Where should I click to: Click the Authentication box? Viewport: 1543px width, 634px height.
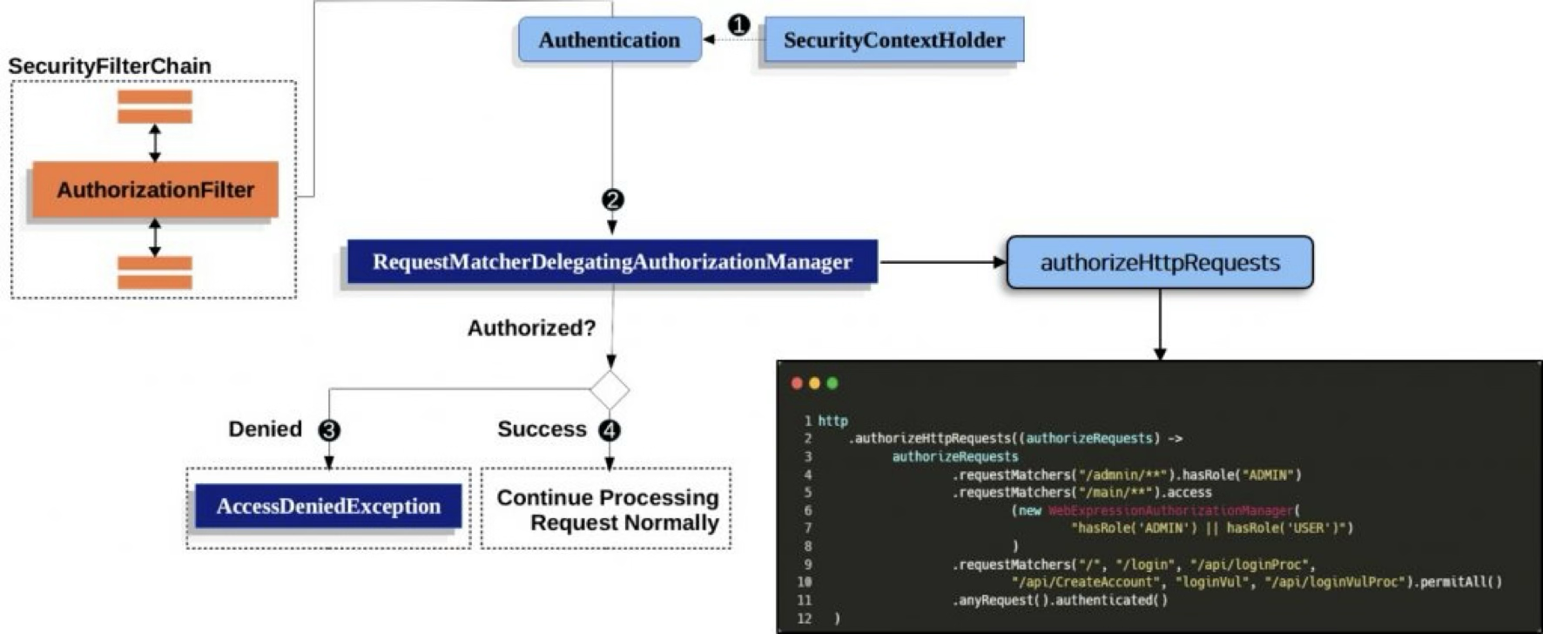click(610, 40)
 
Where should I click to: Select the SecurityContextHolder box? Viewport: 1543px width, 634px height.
click(893, 40)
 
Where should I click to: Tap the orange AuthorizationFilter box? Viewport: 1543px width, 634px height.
click(155, 190)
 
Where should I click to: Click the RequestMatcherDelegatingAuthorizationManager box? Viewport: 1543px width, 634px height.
click(612, 262)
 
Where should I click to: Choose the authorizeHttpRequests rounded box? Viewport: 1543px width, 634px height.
click(1159, 262)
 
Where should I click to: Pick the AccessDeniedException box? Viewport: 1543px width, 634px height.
click(328, 507)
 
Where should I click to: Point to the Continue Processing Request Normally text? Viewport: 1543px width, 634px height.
click(608, 510)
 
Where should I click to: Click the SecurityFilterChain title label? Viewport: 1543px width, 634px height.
click(110, 66)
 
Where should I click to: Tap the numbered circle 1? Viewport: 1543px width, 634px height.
click(738, 25)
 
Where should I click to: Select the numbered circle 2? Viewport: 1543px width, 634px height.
click(613, 200)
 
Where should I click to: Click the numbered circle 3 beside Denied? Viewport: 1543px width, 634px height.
click(329, 430)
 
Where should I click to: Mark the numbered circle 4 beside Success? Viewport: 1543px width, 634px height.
click(610, 430)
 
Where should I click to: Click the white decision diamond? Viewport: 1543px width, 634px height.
click(610, 389)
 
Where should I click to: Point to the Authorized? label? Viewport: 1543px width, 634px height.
click(531, 328)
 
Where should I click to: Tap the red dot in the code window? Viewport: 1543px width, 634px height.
click(797, 383)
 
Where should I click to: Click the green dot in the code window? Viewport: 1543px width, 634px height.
click(832, 383)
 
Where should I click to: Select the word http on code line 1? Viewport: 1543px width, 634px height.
click(832, 421)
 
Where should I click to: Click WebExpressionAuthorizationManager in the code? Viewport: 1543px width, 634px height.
click(1170, 510)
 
